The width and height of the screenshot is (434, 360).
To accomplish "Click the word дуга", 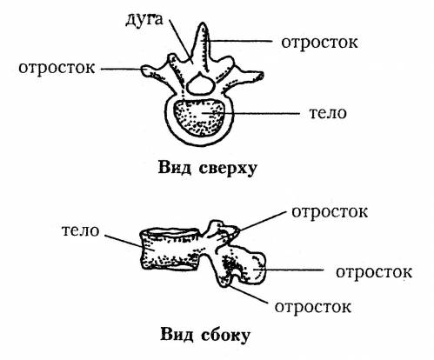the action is (x=144, y=20).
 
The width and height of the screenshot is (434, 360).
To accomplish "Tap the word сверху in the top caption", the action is (x=228, y=169).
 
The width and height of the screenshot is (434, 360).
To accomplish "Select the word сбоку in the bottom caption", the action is (x=224, y=335).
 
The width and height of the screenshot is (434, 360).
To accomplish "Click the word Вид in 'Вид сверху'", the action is (x=175, y=168).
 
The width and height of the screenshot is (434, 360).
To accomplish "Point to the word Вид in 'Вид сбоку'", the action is (x=177, y=334).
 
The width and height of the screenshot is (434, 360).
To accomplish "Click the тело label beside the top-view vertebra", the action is (x=328, y=113).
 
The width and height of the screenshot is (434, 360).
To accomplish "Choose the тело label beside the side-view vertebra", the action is (x=81, y=230).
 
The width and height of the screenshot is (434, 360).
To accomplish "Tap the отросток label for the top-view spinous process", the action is (x=319, y=43).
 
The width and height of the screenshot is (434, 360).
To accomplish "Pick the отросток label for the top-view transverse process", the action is (x=57, y=68).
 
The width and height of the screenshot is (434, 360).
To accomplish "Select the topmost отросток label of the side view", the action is (x=330, y=212).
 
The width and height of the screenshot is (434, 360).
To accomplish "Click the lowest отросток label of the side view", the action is (x=313, y=307).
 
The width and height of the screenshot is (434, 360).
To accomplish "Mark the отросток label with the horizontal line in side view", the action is (x=374, y=272).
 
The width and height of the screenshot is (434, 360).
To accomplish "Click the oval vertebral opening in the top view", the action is (x=201, y=84).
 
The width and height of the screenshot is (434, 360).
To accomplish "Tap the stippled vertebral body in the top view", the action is (x=199, y=117).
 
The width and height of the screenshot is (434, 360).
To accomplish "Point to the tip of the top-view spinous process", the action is (x=203, y=23).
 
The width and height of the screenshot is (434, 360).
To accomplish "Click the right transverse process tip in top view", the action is (x=261, y=76).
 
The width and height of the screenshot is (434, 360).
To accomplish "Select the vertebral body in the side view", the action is (x=170, y=250).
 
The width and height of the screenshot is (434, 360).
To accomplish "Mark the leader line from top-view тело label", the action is (x=251, y=113).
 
